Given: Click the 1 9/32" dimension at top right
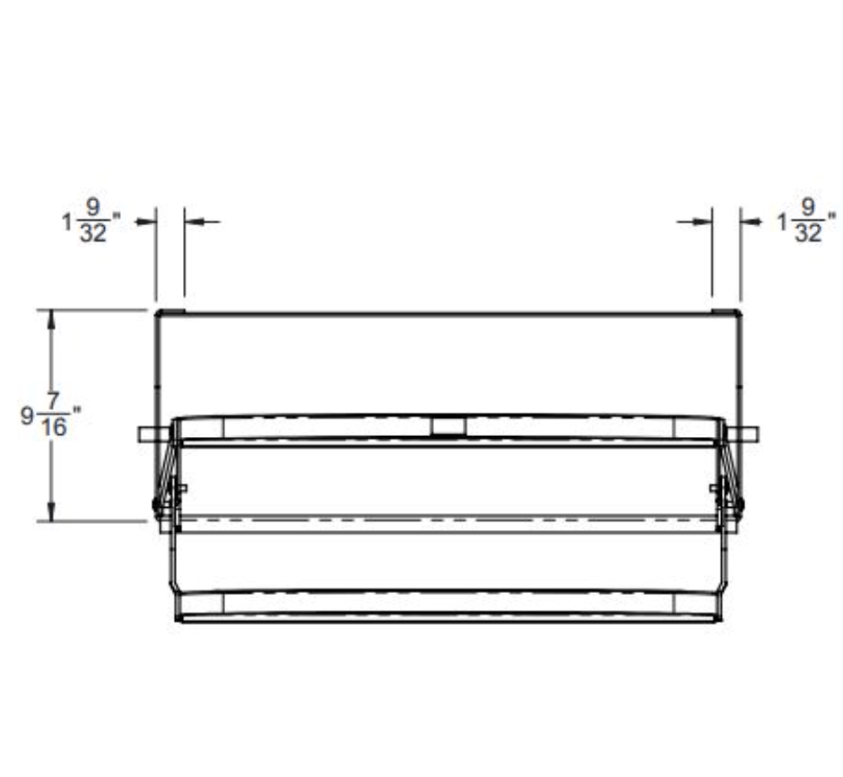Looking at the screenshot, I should point(805,221).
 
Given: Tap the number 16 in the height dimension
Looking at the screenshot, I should point(55,428).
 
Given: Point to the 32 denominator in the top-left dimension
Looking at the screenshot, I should point(93,232).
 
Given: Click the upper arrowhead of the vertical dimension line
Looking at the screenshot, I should point(52,319).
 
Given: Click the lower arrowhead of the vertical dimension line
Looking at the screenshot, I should point(52,511).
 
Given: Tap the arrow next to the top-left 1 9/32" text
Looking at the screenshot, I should point(144,221).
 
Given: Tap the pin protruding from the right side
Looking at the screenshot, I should point(745,434).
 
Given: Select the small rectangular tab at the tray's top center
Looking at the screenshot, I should point(448,426).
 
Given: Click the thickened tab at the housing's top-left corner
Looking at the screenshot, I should point(170,312).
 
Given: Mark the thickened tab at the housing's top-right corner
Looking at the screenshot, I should point(726,312).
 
